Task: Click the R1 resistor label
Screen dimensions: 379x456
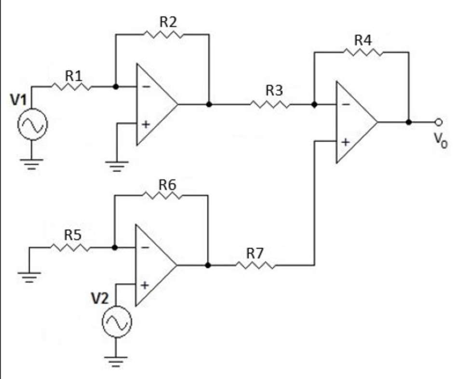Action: pyautogui.click(x=73, y=75)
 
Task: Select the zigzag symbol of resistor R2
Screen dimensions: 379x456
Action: pyautogui.click(x=163, y=34)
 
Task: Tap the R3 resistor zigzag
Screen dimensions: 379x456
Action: pyautogui.click(x=270, y=104)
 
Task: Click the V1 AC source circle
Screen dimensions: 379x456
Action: pyautogui.click(x=32, y=126)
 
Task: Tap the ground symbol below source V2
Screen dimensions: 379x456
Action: pyautogui.click(x=116, y=361)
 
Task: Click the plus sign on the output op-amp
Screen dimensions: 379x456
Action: pyautogui.click(x=345, y=143)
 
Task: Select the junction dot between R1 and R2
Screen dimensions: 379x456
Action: pyautogui.click(x=115, y=87)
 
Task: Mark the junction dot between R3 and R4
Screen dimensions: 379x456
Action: pyautogui.click(x=314, y=104)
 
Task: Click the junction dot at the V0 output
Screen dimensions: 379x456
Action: pyautogui.click(x=409, y=122)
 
